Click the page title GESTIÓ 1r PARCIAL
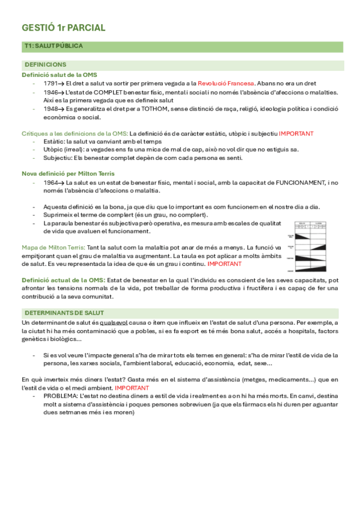click(63, 28)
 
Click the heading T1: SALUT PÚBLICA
click(53, 46)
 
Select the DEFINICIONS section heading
click(46, 64)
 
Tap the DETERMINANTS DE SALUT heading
click(64, 313)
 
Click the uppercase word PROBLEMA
click(61, 396)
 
